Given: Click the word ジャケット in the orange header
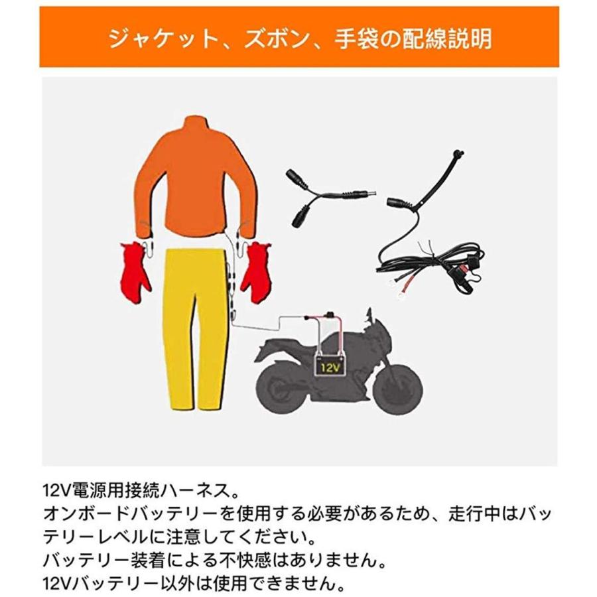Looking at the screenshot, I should pyautogui.click(x=155, y=38).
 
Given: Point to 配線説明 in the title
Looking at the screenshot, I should pyautogui.click(x=452, y=38).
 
